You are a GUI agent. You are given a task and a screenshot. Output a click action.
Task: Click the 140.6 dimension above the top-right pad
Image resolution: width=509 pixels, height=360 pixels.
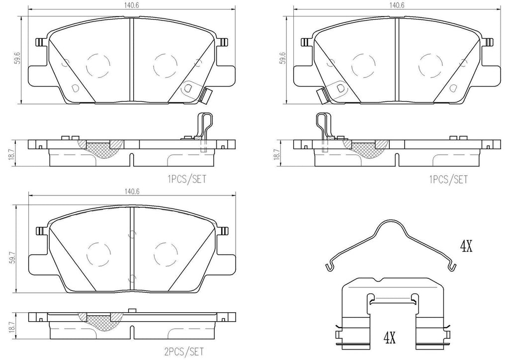395,5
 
